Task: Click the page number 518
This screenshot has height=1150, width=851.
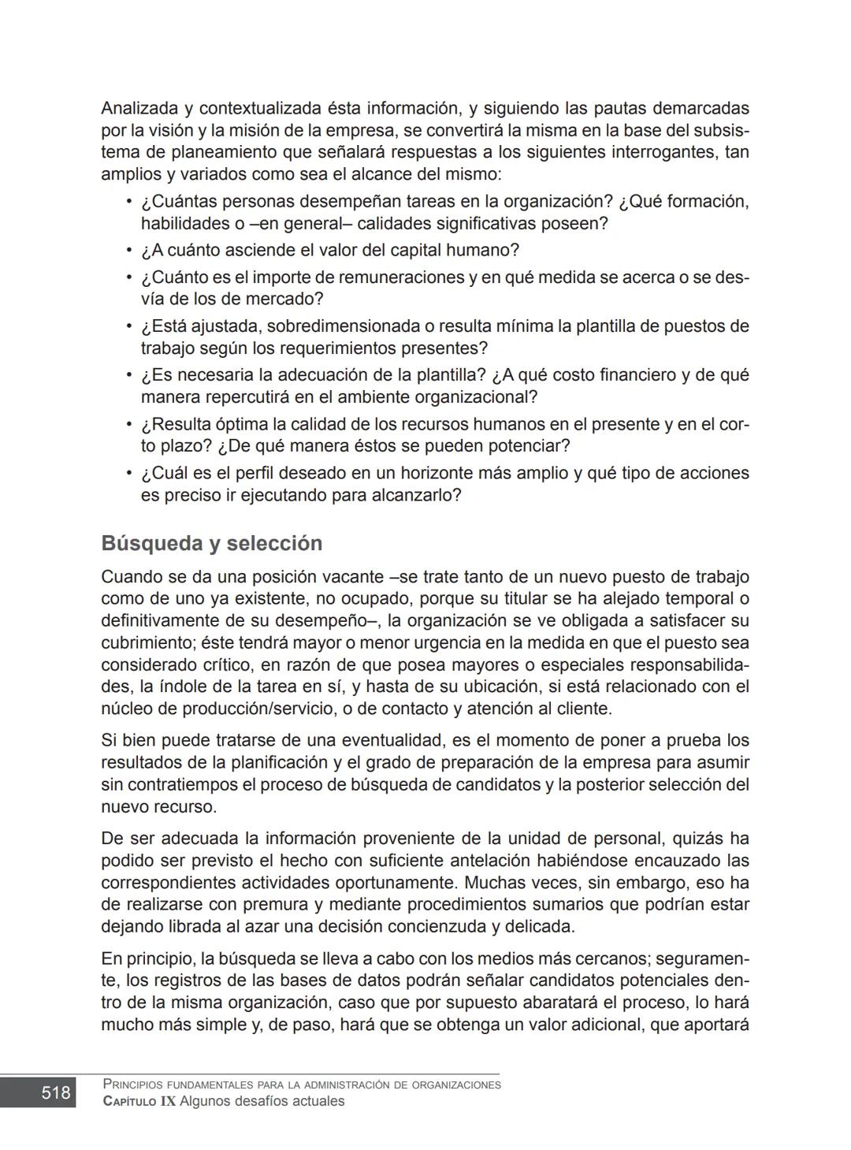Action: tap(55, 1092)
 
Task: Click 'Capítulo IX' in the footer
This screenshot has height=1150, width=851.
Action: tap(139, 1101)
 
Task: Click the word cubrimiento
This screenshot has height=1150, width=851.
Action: tap(147, 643)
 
